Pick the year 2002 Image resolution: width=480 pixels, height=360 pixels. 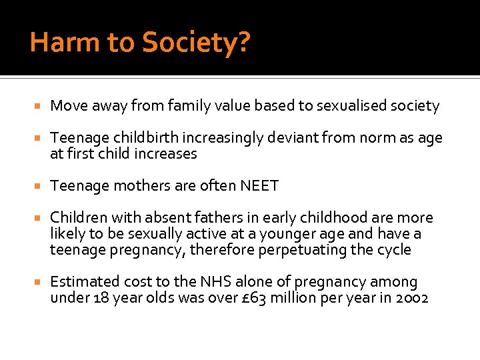[x=411, y=298]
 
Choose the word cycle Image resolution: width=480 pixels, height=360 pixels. [x=395, y=250]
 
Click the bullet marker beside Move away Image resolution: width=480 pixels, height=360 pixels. [x=40, y=107]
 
